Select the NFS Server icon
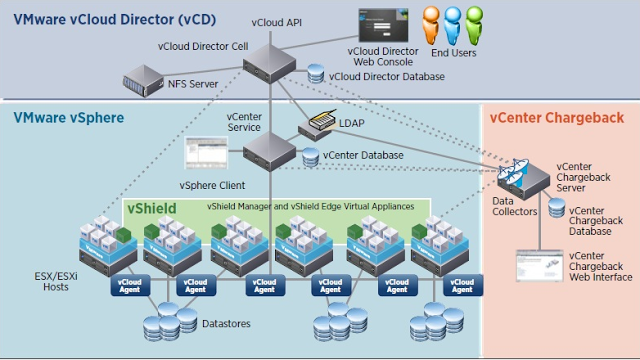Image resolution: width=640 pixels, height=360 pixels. click(x=142, y=77)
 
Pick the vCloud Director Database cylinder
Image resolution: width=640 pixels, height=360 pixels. click(x=318, y=75)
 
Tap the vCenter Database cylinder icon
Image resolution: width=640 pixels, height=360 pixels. click(x=312, y=156)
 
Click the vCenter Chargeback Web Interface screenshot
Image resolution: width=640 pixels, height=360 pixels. click(x=534, y=265)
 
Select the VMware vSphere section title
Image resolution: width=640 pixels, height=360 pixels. click(x=68, y=118)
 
